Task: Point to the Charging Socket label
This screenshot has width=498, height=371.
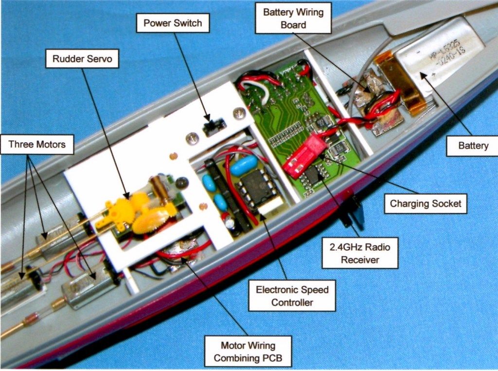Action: click(426, 204)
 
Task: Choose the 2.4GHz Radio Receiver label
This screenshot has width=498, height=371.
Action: click(359, 253)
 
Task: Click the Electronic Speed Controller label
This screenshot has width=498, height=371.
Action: click(292, 296)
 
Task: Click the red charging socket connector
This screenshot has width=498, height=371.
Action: click(305, 157)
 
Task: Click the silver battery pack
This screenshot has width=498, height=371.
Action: click(438, 58)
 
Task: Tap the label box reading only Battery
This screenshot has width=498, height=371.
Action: click(473, 145)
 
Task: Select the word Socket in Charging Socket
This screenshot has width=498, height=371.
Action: click(445, 204)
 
